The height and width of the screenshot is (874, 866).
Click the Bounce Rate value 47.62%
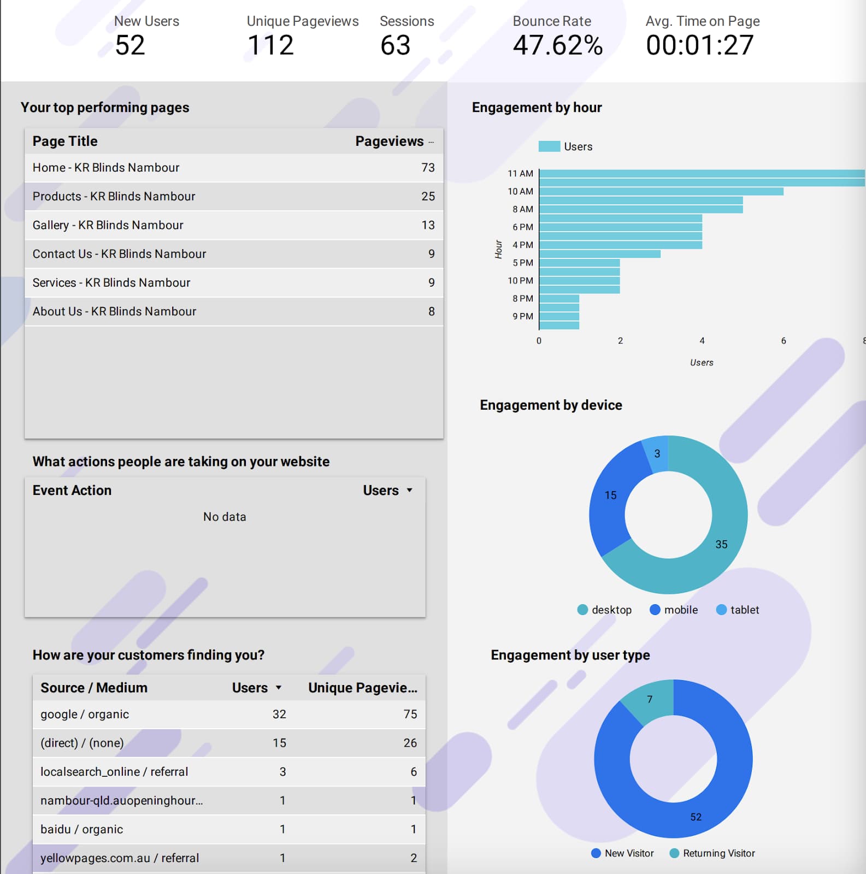[x=558, y=45]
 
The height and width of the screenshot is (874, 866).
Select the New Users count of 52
[x=130, y=45]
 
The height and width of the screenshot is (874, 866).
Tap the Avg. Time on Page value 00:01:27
[x=700, y=45]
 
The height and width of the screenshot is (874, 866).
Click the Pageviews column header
[x=390, y=141]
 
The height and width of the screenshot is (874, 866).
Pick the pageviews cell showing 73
[x=428, y=168]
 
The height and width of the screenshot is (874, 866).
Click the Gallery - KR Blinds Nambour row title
[x=108, y=225]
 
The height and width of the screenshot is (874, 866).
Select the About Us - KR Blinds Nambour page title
[x=114, y=311]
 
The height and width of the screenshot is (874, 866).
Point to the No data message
[x=225, y=517]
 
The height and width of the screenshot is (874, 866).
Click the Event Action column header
[x=72, y=491]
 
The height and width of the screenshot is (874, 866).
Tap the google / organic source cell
[x=85, y=714]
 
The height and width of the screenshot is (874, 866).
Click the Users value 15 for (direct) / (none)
[x=279, y=743]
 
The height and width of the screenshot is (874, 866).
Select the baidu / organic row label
[x=82, y=829]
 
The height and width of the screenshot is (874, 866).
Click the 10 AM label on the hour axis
[x=520, y=191]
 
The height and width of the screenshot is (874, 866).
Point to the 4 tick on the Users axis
[x=702, y=341]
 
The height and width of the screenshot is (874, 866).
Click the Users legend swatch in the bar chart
[x=549, y=146]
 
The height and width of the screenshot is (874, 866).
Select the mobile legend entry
[x=674, y=610]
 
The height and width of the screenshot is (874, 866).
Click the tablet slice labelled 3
[x=657, y=453]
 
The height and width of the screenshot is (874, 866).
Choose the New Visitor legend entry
[x=622, y=853]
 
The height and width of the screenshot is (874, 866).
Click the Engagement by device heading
[x=551, y=405]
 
